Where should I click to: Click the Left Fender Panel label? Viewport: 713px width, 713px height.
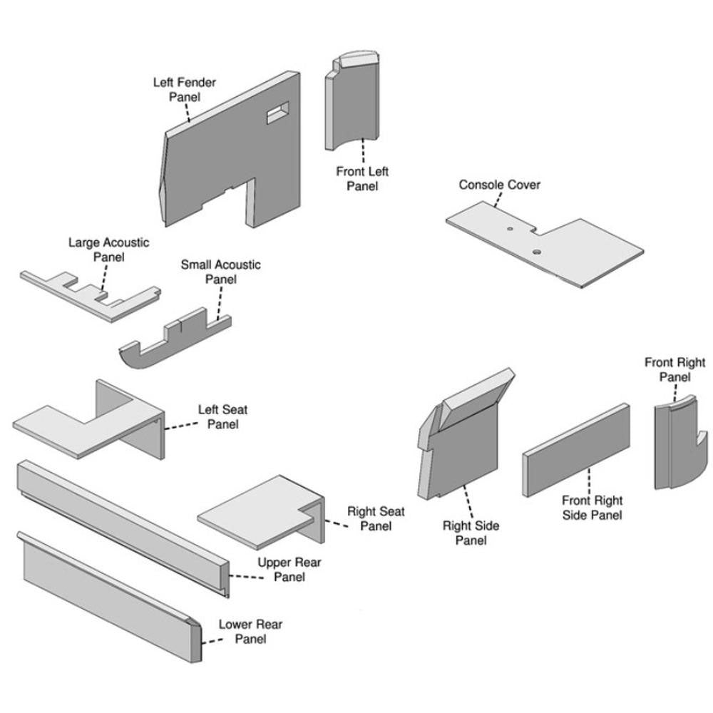click(184, 89)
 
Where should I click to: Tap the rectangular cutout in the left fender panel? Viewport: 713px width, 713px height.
click(277, 112)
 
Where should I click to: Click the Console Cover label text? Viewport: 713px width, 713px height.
click(499, 185)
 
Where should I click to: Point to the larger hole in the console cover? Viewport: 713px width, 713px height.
click(536, 252)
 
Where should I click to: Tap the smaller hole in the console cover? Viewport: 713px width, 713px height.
click(510, 230)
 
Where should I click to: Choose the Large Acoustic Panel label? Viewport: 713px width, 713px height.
click(108, 250)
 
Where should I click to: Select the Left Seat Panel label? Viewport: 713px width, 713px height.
click(222, 417)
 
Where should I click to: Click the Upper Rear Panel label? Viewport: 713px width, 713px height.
click(289, 569)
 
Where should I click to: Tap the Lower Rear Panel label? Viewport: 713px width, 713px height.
click(250, 632)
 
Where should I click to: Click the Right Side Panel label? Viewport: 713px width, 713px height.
click(471, 533)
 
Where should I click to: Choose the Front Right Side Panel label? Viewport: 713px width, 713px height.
click(592, 508)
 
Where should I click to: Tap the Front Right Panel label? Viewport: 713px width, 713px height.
click(674, 369)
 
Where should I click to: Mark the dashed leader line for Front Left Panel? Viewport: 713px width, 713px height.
click(364, 151)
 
